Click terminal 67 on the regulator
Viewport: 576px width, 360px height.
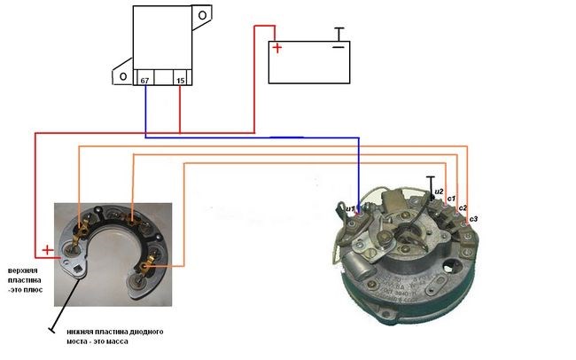[x=144, y=81]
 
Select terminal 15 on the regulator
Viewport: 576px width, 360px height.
[x=181, y=81]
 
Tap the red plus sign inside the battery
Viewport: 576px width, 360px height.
[x=277, y=49]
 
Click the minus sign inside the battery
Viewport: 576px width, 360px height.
[x=338, y=46]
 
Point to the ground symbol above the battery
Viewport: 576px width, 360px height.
[x=338, y=33]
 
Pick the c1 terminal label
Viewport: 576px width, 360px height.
[x=451, y=198]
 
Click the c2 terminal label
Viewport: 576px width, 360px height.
[x=463, y=207]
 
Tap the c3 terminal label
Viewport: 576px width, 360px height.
[x=474, y=218]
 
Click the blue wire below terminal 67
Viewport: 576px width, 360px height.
[x=144, y=111]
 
